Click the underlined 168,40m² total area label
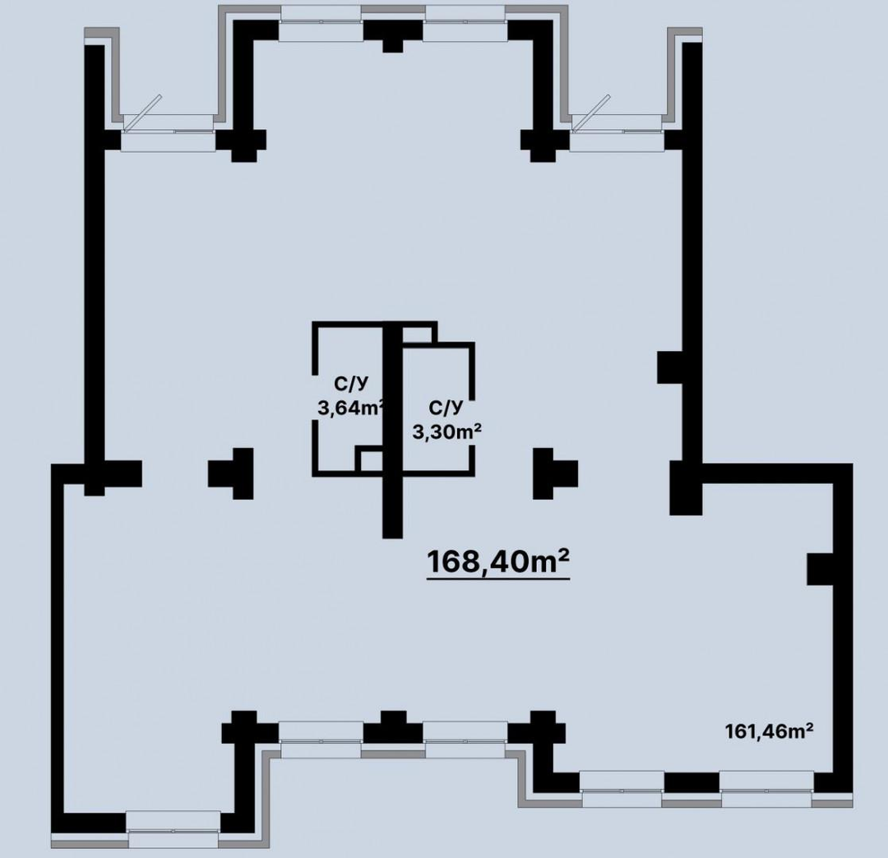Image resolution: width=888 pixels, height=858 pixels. pos(497,562)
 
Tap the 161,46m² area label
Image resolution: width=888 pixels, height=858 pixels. pos(770,731)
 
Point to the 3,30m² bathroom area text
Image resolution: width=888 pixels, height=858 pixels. pos(446,432)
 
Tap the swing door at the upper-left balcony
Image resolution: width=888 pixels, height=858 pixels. pos(142,112)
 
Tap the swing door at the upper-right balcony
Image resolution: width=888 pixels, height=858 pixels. pos(590,112)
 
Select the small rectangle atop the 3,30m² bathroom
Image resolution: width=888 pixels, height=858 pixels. pos(418,334)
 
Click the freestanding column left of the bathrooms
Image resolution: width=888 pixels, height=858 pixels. pos(231,473)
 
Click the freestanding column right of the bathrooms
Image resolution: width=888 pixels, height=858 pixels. pos(556,473)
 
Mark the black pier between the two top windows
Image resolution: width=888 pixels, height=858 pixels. pos(393,34)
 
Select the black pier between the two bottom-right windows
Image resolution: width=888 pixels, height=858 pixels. pos(691,782)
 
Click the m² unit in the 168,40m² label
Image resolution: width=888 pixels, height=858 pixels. pos(548,560)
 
